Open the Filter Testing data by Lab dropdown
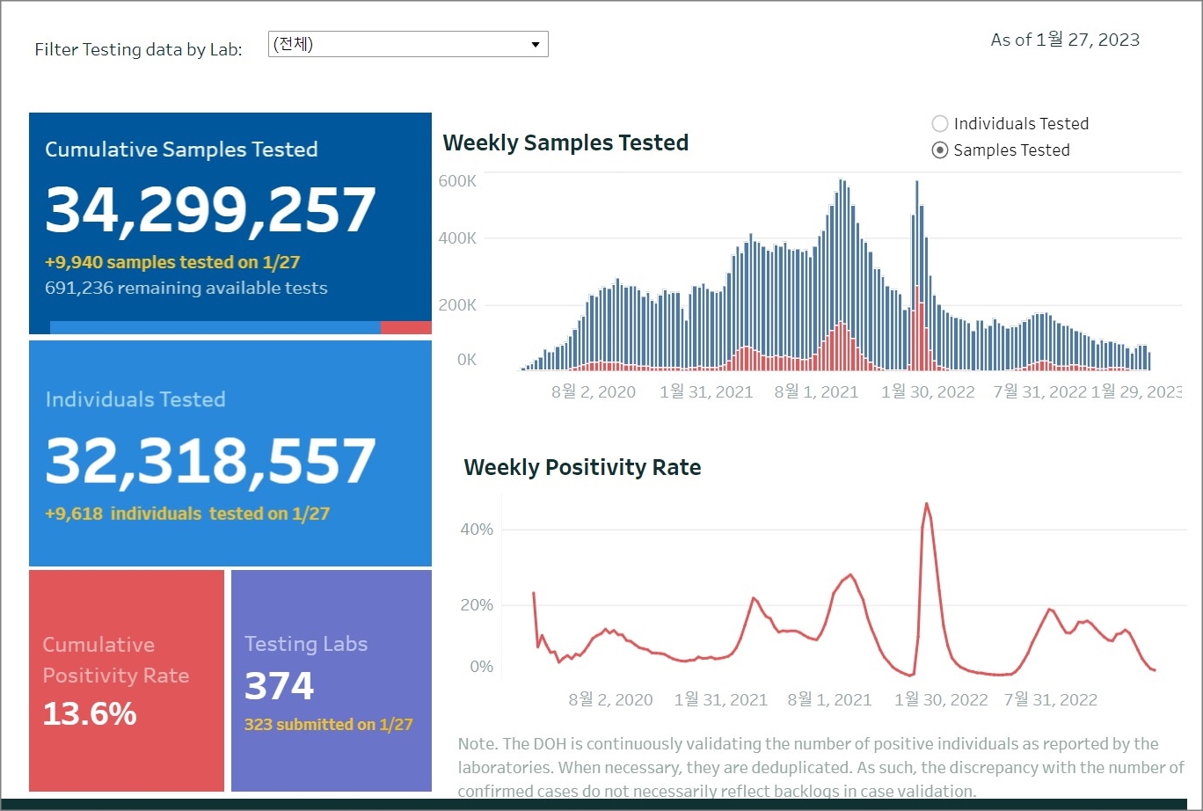[408, 44]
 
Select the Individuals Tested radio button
[940, 124]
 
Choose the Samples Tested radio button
[940, 150]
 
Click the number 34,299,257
[210, 210]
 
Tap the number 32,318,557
[210, 461]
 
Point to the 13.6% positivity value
[90, 713]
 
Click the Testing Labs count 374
[279, 686]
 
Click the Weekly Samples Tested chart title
[565, 142]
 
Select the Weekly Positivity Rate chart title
[582, 467]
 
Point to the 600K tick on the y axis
[457, 181]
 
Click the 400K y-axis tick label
[457, 238]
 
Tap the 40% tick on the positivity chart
[477, 530]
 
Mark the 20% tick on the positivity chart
[477, 605]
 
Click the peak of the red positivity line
[926, 503]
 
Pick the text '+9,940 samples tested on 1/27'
[173, 262]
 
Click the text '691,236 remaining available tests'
[186, 288]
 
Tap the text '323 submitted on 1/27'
[328, 725]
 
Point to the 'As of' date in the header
[1064, 40]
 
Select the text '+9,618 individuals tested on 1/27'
[186, 514]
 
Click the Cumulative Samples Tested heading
[181, 150]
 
